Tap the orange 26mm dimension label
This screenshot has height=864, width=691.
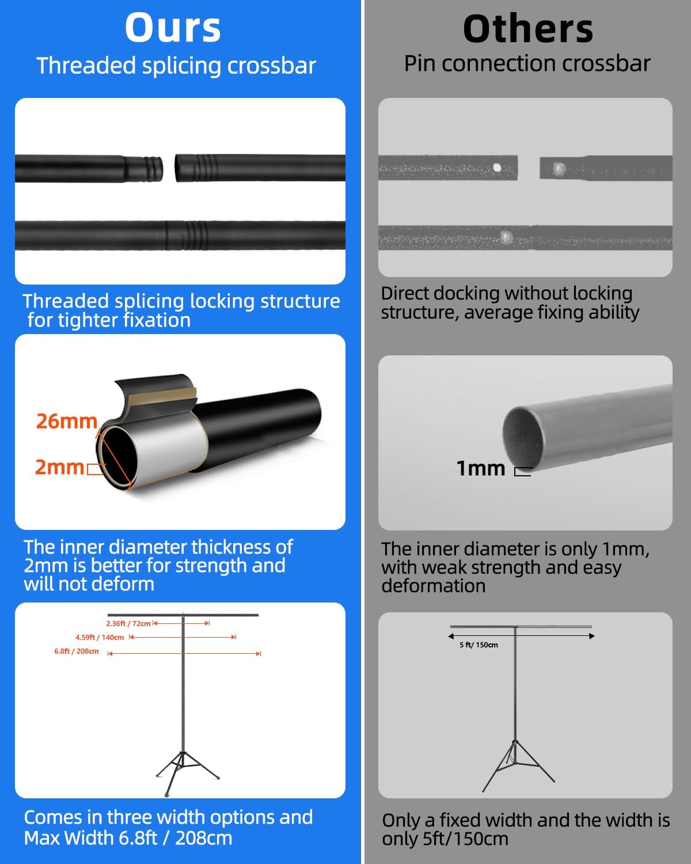click(67, 421)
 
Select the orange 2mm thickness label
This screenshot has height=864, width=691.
click(59, 467)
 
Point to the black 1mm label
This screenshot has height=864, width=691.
click(481, 468)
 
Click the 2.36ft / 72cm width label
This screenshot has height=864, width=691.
click(128, 623)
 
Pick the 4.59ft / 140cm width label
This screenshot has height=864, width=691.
click(100, 637)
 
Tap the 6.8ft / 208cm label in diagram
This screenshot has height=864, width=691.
click(77, 651)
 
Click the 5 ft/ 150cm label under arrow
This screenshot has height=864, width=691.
click(479, 645)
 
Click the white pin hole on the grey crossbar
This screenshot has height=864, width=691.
click(497, 168)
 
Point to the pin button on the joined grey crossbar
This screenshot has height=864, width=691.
click(506, 237)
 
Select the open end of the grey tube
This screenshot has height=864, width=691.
click(523, 438)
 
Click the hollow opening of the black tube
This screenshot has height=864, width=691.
click(116, 456)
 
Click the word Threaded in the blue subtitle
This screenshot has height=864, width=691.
click(86, 66)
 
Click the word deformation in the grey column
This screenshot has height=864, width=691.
click(434, 586)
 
